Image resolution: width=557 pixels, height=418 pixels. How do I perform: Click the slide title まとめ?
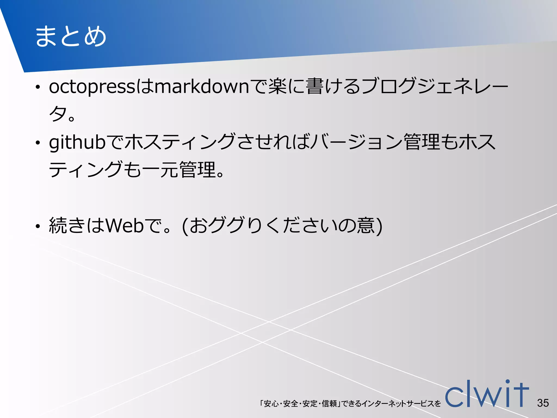(x=71, y=36)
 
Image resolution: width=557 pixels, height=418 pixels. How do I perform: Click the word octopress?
(x=92, y=87)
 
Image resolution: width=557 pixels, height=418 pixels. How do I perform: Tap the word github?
(x=77, y=142)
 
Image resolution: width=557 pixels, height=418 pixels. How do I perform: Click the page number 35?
(x=543, y=403)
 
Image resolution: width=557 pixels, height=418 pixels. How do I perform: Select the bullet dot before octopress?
(x=38, y=87)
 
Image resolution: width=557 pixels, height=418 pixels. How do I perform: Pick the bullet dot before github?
(x=38, y=143)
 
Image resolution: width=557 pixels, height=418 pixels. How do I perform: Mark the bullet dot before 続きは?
(x=38, y=226)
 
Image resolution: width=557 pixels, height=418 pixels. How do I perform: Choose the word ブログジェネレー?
(x=435, y=87)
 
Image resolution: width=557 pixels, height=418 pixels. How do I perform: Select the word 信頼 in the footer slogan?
(x=329, y=404)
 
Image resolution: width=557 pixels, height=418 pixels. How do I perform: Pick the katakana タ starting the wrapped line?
(x=58, y=114)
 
